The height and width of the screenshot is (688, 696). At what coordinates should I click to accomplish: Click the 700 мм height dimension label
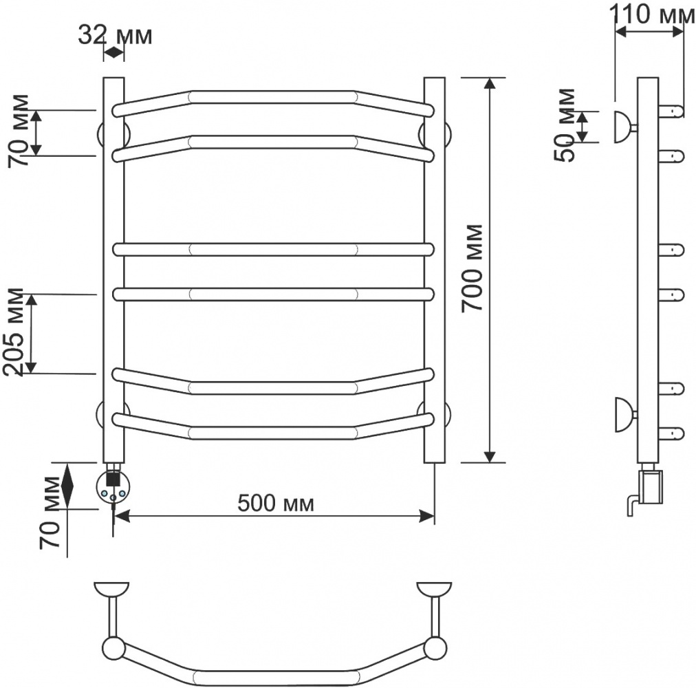pos(472,268)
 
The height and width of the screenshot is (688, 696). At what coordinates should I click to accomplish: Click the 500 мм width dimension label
pos(276,504)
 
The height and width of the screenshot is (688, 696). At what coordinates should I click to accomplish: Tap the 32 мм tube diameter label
pos(116,36)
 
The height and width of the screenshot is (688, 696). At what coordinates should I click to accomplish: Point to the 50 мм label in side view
pos(566,125)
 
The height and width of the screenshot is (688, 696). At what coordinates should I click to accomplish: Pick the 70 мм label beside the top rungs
pos(19,131)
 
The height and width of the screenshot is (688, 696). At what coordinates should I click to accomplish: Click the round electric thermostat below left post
pos(113,487)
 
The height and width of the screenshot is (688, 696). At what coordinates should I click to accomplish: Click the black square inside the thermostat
pos(113,478)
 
